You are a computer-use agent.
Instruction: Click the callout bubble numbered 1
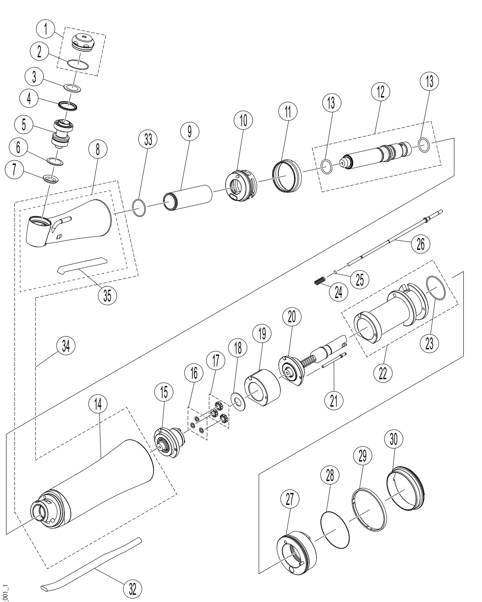pyautogui.click(x=46, y=29)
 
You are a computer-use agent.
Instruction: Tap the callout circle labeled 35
pyautogui.click(x=107, y=295)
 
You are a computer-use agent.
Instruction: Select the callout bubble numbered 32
pyautogui.click(x=132, y=588)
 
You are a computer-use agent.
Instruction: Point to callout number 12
pyautogui.click(x=381, y=92)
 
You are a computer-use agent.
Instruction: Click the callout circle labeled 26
pyautogui.click(x=420, y=244)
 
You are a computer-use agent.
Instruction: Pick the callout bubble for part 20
pyautogui.click(x=292, y=317)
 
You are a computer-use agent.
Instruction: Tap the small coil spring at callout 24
pyautogui.click(x=319, y=281)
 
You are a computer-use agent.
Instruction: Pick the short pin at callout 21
pyautogui.click(x=334, y=360)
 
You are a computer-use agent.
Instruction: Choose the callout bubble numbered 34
pyautogui.click(x=66, y=346)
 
